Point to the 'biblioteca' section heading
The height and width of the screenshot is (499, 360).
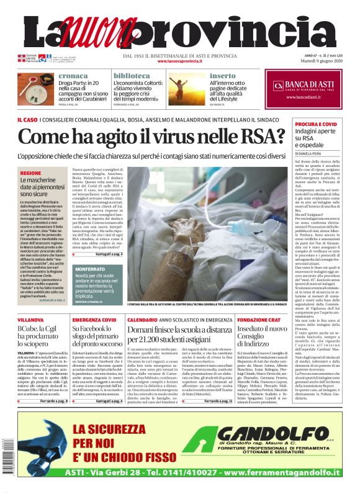coord(132,76)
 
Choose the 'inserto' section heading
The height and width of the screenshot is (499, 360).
coord(223,76)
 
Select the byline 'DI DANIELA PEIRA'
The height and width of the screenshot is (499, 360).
coord(312,153)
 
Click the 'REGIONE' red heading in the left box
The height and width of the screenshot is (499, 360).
coord(31,173)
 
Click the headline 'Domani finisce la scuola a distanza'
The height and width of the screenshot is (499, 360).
coord(179,333)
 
